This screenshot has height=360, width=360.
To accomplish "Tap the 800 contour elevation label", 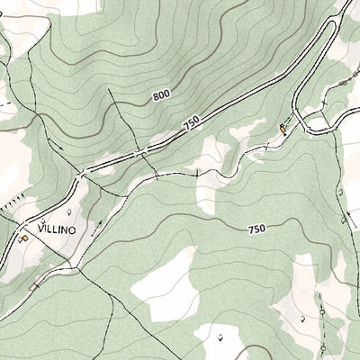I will [161, 94].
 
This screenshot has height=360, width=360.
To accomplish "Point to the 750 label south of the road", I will [256, 229].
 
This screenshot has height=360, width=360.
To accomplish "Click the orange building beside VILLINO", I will [25, 238].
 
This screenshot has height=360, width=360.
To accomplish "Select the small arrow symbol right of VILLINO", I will [98, 222].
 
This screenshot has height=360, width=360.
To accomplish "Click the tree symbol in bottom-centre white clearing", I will [221, 337].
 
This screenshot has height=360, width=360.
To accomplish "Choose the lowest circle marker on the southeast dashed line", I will [323, 343].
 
